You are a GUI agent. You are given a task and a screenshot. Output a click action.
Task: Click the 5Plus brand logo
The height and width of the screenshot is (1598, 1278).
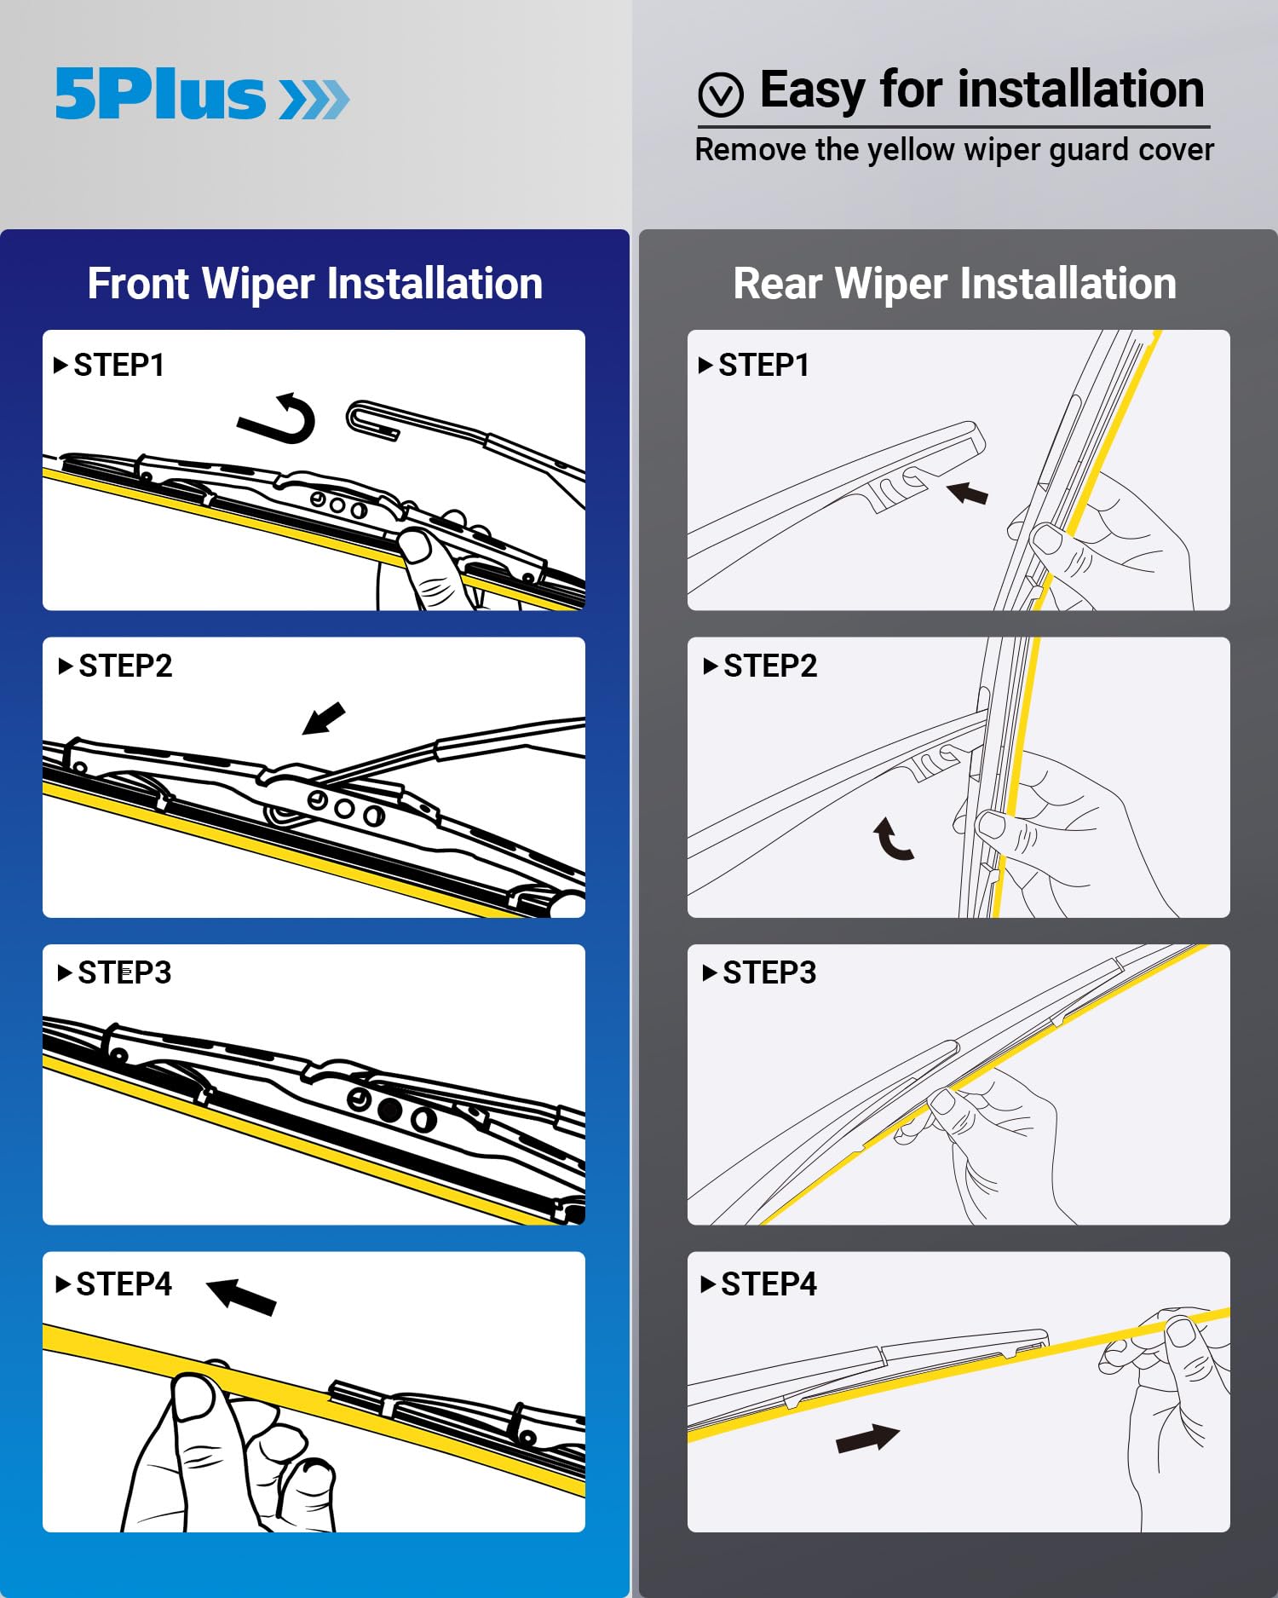click(x=202, y=94)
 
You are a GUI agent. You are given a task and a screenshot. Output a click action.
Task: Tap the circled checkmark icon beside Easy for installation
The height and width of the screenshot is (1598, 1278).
click(x=721, y=94)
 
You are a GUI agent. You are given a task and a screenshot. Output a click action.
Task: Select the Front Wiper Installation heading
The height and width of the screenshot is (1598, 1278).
click(x=314, y=283)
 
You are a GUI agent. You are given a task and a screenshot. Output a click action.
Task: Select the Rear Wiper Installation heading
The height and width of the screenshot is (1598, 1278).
click(x=954, y=283)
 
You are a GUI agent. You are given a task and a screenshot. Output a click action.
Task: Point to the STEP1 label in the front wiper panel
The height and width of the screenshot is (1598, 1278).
click(x=118, y=366)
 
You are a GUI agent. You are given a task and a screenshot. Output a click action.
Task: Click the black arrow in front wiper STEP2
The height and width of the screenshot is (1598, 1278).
click(x=325, y=718)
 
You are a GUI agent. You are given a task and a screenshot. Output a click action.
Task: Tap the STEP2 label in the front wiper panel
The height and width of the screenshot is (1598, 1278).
click(x=124, y=666)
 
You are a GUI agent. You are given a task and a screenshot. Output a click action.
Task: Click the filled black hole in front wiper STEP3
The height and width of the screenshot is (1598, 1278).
click(x=389, y=1110)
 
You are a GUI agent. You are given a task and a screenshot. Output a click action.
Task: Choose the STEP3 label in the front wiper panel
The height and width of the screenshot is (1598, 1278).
click(x=124, y=972)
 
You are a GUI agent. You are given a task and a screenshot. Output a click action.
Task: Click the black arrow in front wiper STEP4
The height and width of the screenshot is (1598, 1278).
click(x=242, y=1296)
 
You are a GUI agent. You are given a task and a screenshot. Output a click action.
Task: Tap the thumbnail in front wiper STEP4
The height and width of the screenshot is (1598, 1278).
click(x=194, y=1397)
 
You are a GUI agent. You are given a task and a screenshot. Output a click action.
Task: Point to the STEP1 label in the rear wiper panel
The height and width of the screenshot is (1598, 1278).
click(x=763, y=366)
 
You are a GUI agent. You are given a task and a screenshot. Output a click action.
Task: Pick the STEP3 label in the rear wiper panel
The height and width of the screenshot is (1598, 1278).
click(x=769, y=972)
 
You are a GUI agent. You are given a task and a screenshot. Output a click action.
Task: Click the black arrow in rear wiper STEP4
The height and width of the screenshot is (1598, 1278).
click(x=867, y=1439)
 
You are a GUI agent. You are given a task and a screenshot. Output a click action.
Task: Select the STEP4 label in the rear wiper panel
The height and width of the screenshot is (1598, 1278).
click(x=768, y=1284)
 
